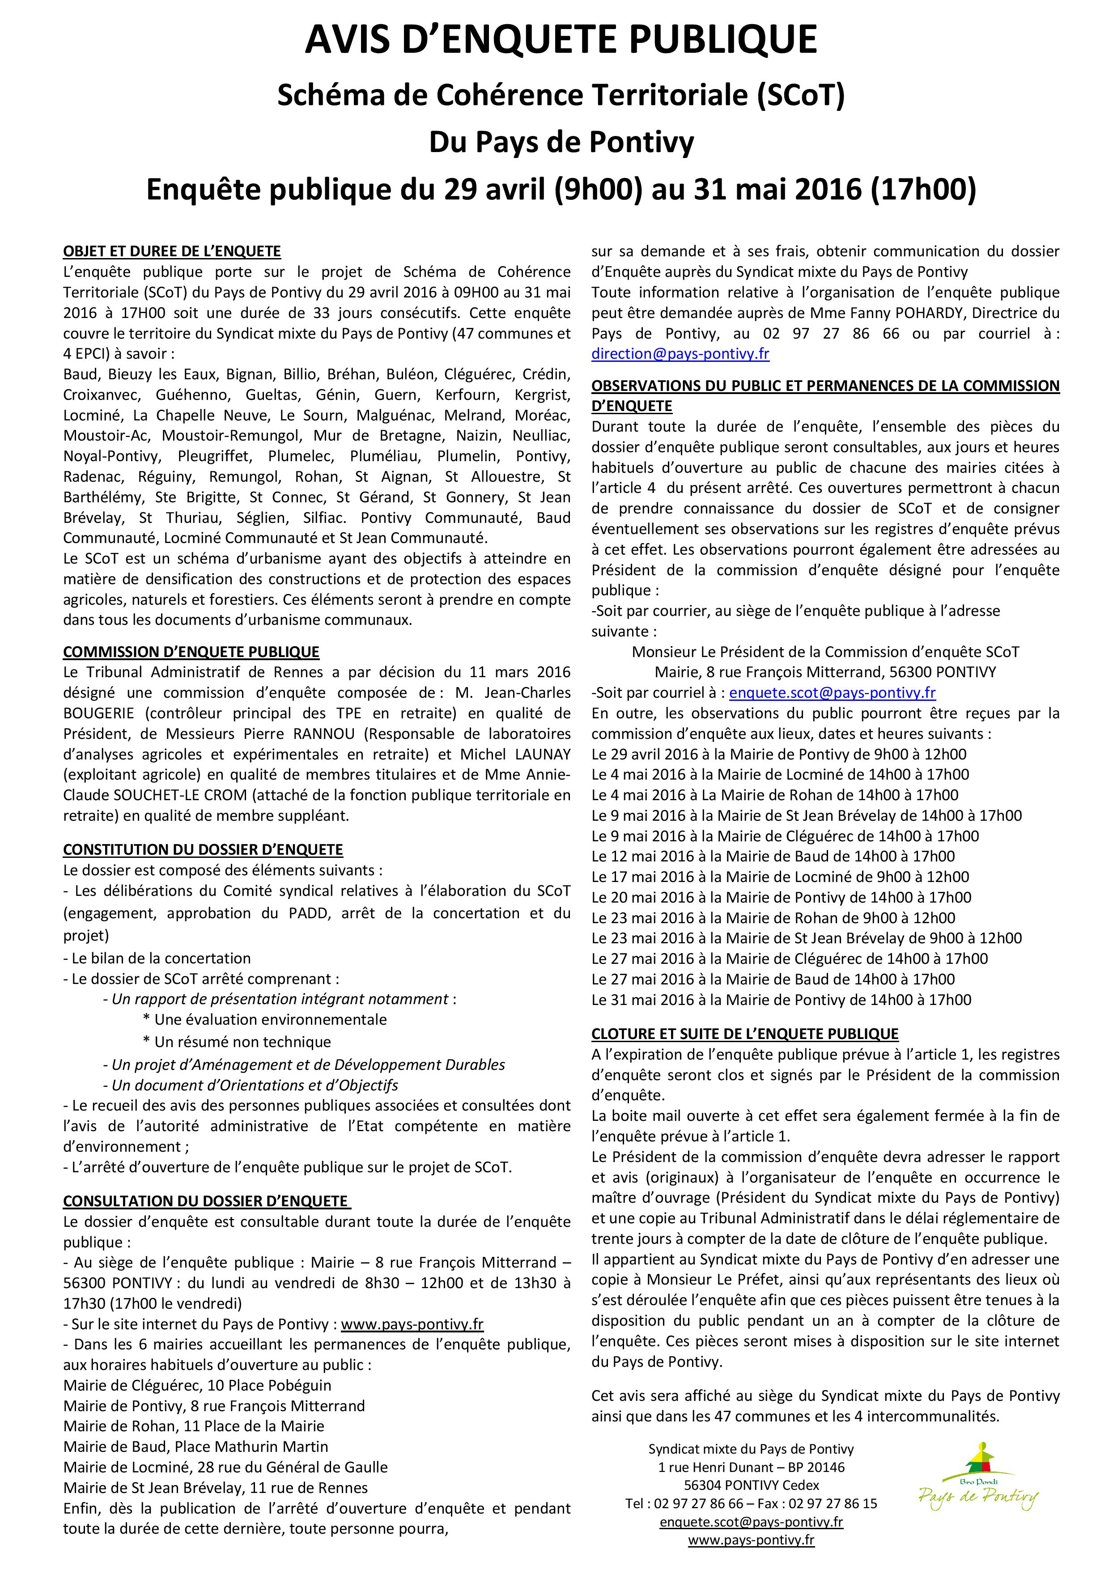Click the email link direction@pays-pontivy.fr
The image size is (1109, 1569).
point(680,354)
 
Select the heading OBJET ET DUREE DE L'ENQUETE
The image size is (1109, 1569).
point(171,251)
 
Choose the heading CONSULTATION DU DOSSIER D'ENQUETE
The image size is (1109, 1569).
point(206,1200)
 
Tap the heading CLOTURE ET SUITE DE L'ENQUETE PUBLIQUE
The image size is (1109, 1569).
point(745,1034)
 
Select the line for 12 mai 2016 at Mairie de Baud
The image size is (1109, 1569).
point(773,856)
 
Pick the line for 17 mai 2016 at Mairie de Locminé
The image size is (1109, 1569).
point(780,877)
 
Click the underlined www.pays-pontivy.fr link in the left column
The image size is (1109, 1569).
point(412,1323)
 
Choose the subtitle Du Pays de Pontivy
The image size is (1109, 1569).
point(561,143)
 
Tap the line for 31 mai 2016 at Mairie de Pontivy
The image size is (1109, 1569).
point(781,1000)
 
